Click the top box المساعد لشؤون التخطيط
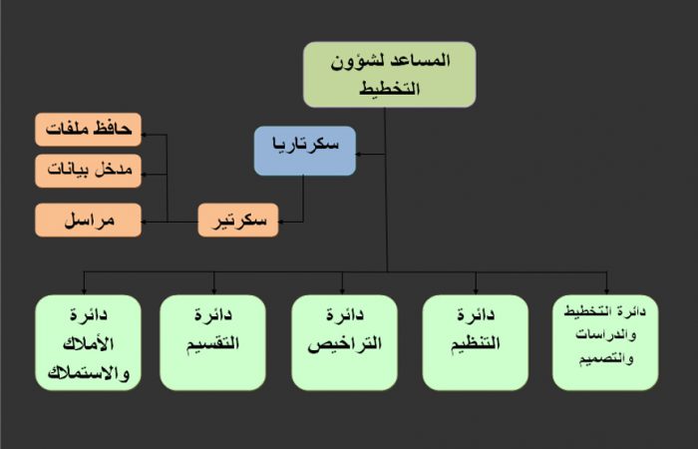click(390, 75)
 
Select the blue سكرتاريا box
click(305, 151)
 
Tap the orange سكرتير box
click(238, 221)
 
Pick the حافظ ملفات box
click(88, 130)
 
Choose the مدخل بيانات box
click(88, 171)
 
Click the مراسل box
click(88, 221)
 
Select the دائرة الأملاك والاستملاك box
click(88, 342)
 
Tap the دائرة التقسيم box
click(212, 342)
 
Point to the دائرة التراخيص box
click(345, 342)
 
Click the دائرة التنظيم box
click(476, 342)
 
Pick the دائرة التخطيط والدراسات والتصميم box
click(605, 342)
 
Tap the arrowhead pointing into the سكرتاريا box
click(358, 154)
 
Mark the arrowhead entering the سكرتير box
click(281, 222)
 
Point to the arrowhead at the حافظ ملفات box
click(145, 134)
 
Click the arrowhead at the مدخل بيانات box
click(145, 175)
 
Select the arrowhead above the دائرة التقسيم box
click(214, 291)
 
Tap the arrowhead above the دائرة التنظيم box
click(476, 291)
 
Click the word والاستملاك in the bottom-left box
click(88, 373)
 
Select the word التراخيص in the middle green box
click(345, 344)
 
